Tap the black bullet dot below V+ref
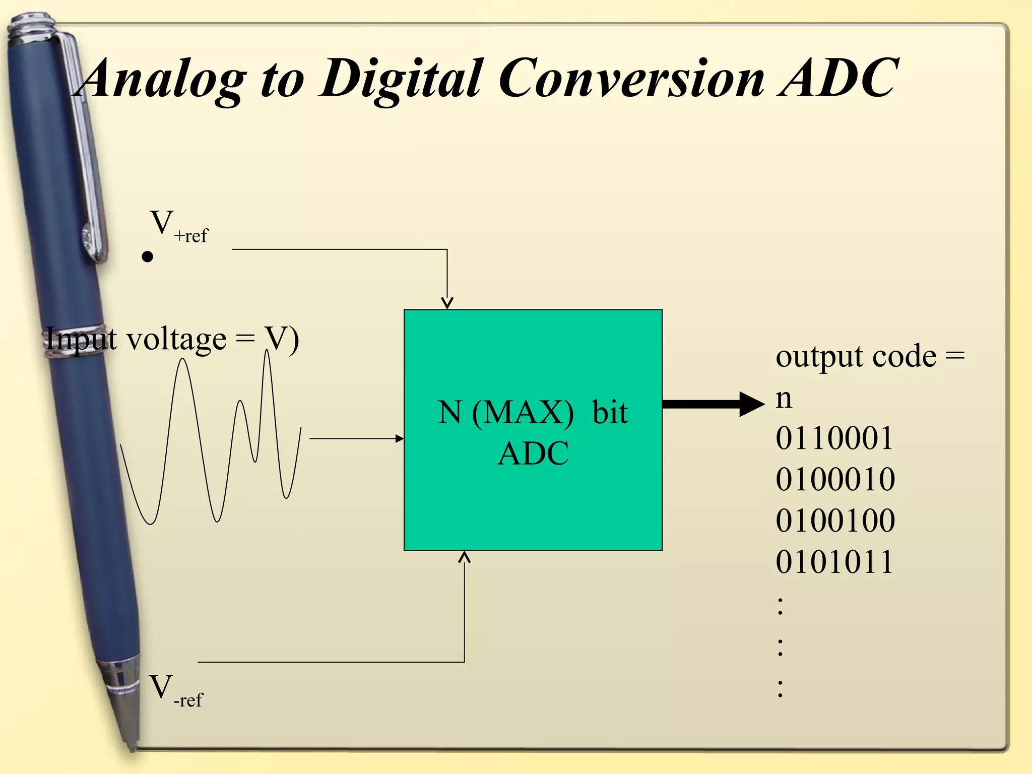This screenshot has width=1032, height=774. pos(147,257)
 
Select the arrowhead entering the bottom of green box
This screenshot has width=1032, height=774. pos(464,556)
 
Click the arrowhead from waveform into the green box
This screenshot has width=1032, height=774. pos(400,438)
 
